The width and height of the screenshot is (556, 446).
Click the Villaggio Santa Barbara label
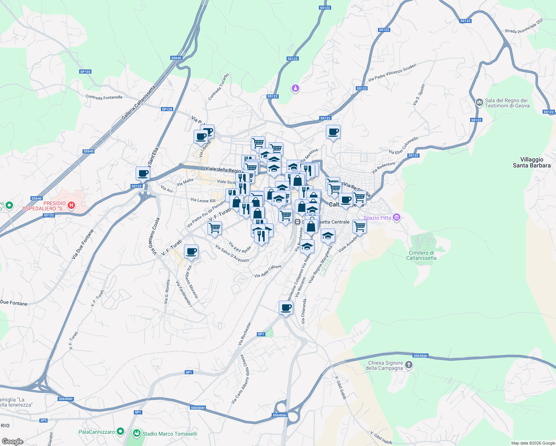pos(531,162)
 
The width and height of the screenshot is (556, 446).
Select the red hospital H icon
pos(71,205)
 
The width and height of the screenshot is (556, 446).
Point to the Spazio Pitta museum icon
pos(396,217)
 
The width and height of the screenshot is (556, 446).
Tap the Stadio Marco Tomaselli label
pos(169,434)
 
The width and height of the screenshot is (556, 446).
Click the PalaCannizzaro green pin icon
pos(120,432)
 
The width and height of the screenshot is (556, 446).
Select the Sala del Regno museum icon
pos(479,102)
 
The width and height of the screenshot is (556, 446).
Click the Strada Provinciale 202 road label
pos(524,26)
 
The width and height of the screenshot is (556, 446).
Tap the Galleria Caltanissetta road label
pos(138,103)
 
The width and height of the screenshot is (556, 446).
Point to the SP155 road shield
pos(85,72)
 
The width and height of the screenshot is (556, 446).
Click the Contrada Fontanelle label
pos(104,97)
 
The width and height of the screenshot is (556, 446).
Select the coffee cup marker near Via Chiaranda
pos(286,308)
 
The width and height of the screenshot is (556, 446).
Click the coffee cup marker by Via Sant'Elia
pos(143,173)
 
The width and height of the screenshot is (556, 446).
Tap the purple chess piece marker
pos(295,88)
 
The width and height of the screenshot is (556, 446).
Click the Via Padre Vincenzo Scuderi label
pos(392,73)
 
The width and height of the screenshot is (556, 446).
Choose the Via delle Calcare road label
pos(268,271)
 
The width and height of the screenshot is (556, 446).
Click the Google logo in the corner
pos(12,441)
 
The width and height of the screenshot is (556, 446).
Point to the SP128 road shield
pos(167,109)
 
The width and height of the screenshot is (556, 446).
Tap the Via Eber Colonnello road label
pos(403,145)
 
